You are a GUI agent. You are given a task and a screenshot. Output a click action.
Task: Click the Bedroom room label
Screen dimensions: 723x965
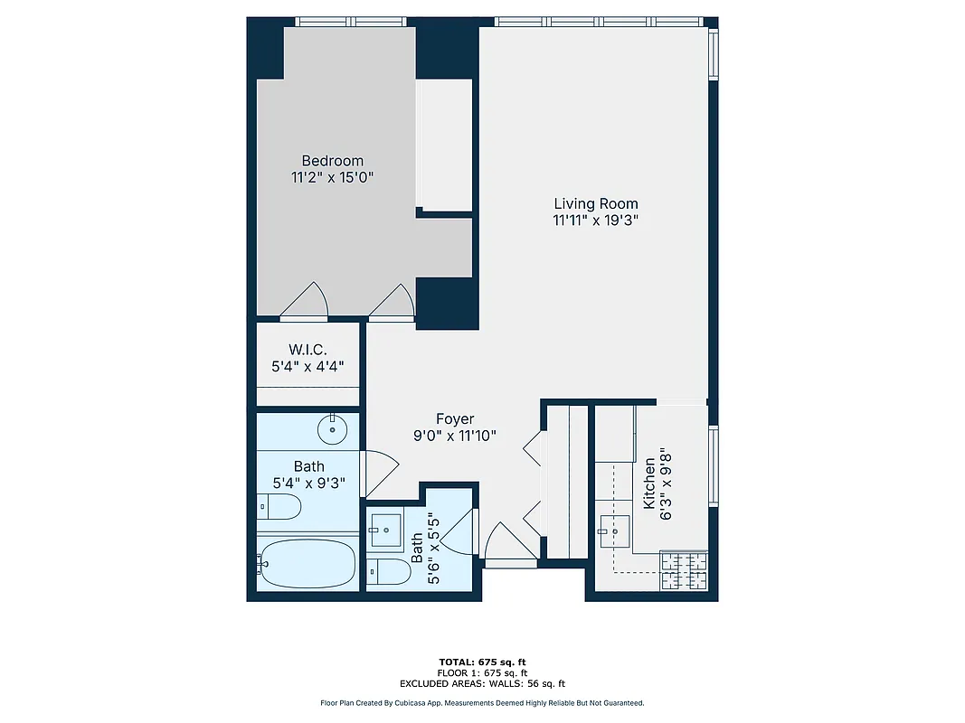pyautogui.click(x=332, y=161)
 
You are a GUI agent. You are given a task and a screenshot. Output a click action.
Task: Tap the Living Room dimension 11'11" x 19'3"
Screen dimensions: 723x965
pyautogui.click(x=596, y=221)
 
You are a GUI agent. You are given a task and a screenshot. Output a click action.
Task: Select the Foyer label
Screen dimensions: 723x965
pyautogui.click(x=455, y=418)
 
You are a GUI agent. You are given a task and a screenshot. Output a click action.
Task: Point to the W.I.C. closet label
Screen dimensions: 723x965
pyautogui.click(x=307, y=349)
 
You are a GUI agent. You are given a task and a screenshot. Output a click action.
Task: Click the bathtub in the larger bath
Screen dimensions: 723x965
pyautogui.click(x=306, y=564)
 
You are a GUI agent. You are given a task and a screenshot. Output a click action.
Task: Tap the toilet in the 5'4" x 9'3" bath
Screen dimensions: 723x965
pyautogui.click(x=279, y=507)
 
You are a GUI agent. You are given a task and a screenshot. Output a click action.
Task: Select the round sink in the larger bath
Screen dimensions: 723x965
pyautogui.click(x=334, y=428)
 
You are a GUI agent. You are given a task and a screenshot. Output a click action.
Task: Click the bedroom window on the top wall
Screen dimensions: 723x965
pyautogui.click(x=352, y=22)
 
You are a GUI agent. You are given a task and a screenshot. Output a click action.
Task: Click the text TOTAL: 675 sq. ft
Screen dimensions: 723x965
pyautogui.click(x=482, y=662)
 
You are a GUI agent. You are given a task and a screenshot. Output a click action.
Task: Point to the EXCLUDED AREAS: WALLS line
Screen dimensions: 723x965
pyautogui.click(x=482, y=684)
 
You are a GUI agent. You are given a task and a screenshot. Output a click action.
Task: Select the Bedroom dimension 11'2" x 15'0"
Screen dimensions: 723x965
pyautogui.click(x=332, y=178)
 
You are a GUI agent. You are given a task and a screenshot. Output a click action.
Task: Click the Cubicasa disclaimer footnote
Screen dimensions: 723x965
pyautogui.click(x=482, y=703)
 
